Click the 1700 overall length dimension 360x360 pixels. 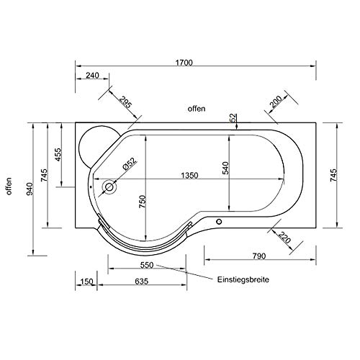coord(184,63)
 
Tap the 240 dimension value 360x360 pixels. coord(92,76)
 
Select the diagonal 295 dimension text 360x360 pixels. coord(126,102)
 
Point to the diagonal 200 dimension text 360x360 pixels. coord(276,102)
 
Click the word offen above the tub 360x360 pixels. coord(197,109)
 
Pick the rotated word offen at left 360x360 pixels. coord(9,186)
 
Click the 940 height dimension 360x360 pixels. coord(30,189)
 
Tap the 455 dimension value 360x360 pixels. coord(58,155)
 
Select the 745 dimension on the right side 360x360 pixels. coord(333,175)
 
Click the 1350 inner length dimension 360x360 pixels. coord(189,176)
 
